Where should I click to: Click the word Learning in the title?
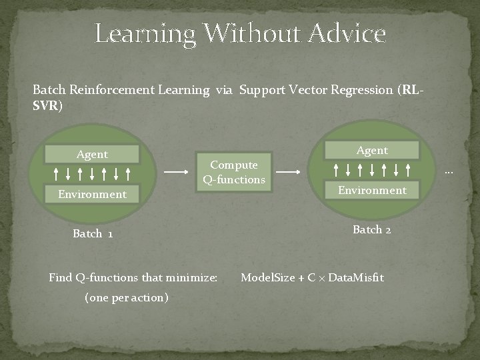point(145,33)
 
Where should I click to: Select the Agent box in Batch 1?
point(92,155)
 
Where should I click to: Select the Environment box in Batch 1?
point(92,195)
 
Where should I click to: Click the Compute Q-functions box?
point(234,172)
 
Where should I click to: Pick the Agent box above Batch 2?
point(372,151)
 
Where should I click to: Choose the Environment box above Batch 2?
point(372,191)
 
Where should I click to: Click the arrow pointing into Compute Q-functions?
point(177,172)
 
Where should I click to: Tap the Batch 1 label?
point(92,234)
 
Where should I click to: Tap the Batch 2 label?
point(372,230)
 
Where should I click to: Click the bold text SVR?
point(47,106)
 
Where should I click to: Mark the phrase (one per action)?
point(127,297)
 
